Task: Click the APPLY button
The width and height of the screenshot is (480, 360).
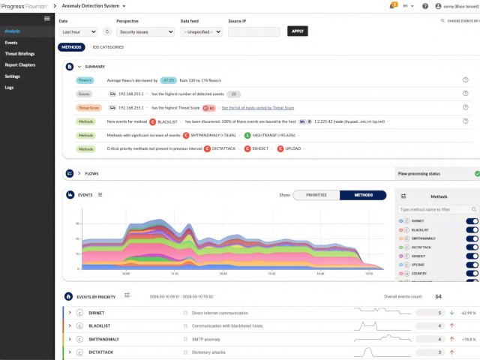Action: (298, 31)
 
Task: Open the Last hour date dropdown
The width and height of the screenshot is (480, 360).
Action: (78, 32)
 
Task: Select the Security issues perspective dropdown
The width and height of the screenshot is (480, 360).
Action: (145, 32)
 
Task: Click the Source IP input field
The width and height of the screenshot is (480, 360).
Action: (253, 32)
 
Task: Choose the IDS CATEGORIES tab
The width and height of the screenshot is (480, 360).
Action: (108, 47)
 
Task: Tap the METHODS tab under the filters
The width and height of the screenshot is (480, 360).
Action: (72, 47)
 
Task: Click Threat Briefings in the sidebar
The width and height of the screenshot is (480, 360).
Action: (20, 54)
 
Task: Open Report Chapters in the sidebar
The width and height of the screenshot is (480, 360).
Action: (20, 65)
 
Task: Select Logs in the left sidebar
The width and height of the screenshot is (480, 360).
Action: (9, 88)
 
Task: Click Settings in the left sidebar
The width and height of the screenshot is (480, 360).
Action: (12, 76)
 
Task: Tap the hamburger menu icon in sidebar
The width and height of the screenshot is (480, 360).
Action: (47, 18)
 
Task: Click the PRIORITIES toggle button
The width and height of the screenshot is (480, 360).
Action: (316, 195)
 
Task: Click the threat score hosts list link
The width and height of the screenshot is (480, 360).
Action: (257, 107)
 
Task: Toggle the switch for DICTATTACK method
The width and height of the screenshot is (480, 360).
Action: (472, 247)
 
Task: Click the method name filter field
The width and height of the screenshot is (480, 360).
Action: (437, 209)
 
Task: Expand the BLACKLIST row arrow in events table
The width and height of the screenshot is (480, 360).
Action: (69, 325)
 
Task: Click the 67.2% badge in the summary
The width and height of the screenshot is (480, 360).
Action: (169, 79)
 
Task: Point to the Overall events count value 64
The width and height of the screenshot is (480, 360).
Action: (438, 297)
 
